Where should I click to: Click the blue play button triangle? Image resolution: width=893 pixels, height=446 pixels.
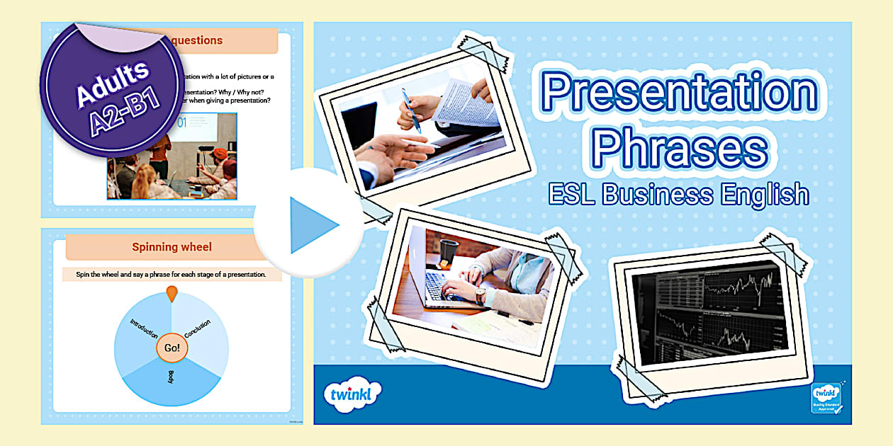[312, 225]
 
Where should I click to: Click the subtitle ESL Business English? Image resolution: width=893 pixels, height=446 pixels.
[679, 193]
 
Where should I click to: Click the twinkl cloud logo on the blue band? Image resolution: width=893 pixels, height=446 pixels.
[352, 394]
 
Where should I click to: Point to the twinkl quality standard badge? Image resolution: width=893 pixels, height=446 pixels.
[826, 402]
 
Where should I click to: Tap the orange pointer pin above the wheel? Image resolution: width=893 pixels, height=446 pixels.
[172, 293]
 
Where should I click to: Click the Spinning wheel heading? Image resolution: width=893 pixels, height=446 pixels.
[172, 247]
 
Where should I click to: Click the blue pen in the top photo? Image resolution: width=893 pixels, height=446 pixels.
[410, 109]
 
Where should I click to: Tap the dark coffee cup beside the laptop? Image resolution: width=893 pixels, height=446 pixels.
[449, 251]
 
